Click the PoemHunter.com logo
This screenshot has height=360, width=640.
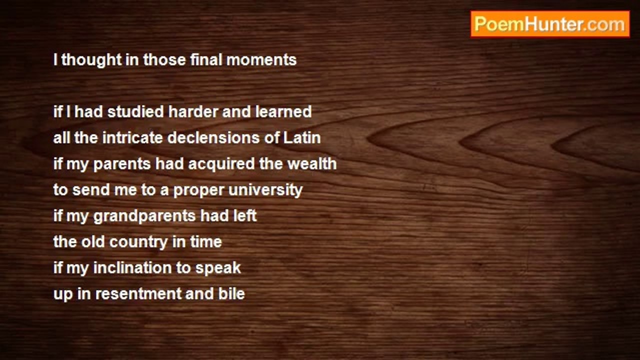pos(550,24)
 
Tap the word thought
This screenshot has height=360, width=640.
pos(91,60)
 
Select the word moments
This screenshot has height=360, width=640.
pos(261,60)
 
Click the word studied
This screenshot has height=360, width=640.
pos(135,111)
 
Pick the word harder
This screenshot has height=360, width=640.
pos(193,111)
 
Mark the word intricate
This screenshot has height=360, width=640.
pos(132,137)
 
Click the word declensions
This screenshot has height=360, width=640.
pos(213,137)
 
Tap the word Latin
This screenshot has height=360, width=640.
pos(302,137)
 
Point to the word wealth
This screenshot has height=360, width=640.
pos(312,163)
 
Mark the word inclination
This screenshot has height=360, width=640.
pos(132,267)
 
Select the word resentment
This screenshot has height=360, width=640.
pos(138,294)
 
